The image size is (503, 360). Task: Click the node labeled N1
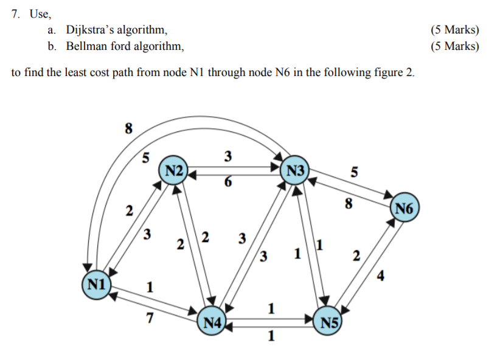95,283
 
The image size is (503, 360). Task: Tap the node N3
295,170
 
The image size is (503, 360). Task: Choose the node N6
404,210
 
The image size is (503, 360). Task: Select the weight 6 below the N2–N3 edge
227,181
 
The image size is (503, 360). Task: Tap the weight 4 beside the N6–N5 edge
381,279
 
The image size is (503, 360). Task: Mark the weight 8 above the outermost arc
128,128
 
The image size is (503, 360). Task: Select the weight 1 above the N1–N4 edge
150,286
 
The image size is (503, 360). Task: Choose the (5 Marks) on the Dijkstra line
454,30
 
